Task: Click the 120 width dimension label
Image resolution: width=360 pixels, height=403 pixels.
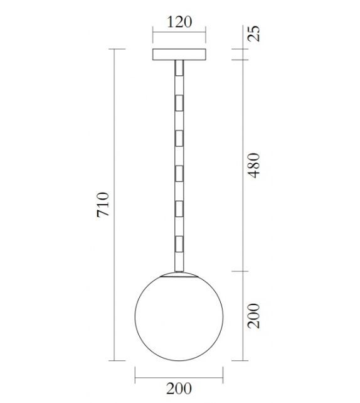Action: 179,22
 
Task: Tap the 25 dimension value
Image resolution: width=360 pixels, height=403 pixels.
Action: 253,33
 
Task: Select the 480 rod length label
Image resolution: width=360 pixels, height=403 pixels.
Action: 253,164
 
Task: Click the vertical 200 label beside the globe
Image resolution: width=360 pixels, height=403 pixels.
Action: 253,316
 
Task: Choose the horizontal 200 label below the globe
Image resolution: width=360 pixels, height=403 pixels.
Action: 179,389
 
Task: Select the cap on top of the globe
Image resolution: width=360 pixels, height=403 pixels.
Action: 179,274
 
